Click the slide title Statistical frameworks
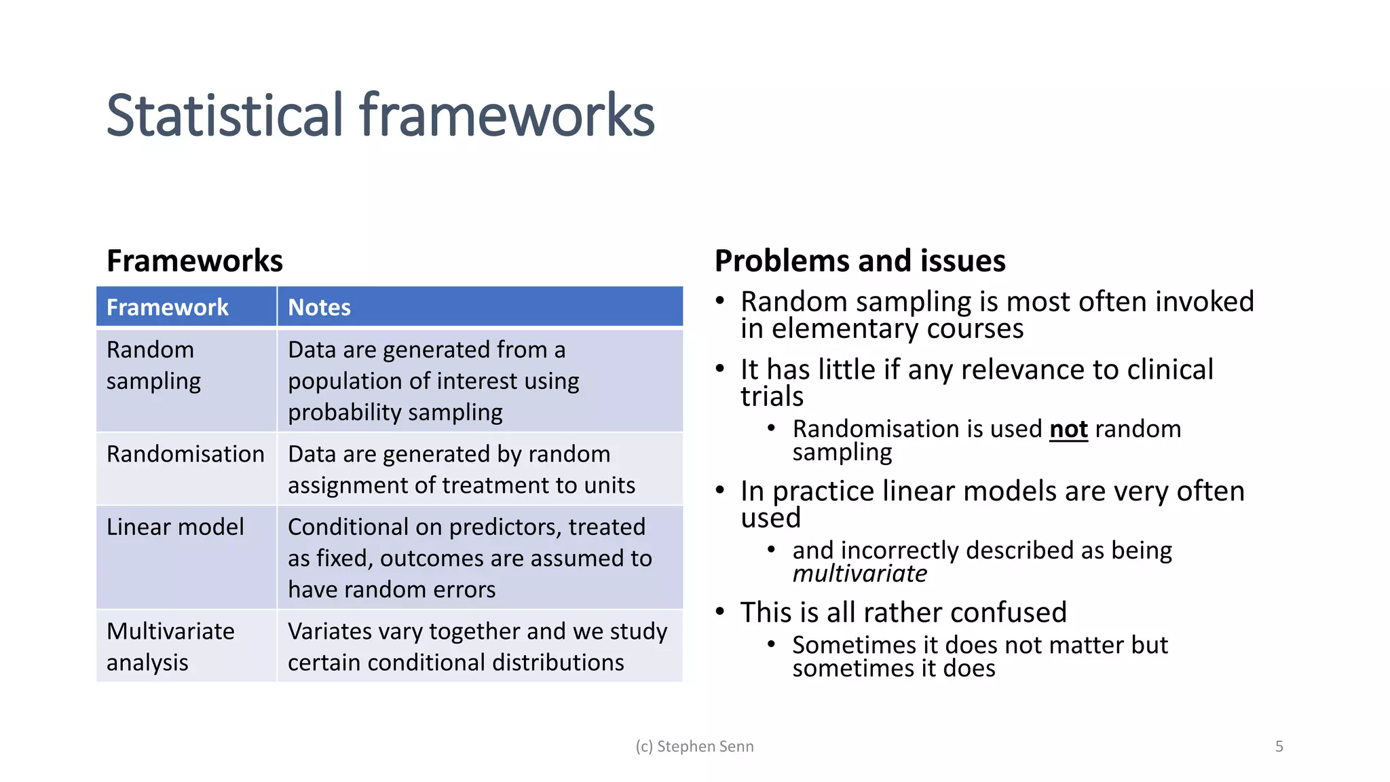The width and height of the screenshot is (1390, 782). [x=380, y=115]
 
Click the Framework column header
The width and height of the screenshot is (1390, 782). [x=168, y=308]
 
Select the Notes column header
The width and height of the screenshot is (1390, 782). [x=319, y=308]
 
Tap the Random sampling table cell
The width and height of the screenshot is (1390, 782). [x=154, y=365]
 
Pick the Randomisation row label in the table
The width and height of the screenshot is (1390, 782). [x=185, y=454]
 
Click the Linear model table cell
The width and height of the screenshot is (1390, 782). [x=175, y=527]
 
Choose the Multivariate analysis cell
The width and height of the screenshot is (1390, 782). [x=170, y=646]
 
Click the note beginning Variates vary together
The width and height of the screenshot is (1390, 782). [x=477, y=646]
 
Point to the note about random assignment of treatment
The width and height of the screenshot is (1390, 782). [x=462, y=470]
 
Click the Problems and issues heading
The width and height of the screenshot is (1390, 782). [x=860, y=261]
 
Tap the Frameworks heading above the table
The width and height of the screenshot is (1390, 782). [x=195, y=261]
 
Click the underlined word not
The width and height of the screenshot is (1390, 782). [x=1068, y=429]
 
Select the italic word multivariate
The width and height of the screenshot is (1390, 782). [x=859, y=574]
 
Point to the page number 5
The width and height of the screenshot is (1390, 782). [x=1279, y=747]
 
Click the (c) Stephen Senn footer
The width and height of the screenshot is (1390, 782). [x=694, y=747]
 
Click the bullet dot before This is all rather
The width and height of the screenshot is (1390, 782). [x=721, y=611]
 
